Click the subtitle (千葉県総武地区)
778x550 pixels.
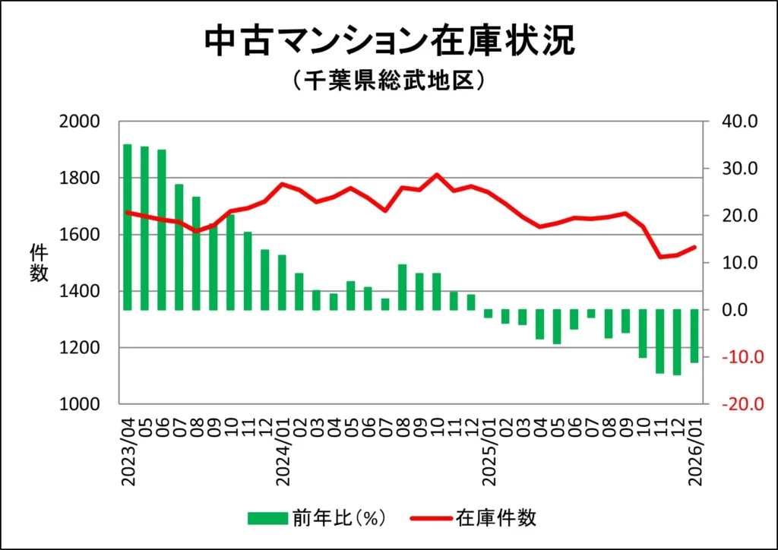388,80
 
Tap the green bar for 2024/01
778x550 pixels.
282,282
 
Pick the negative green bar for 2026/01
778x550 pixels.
694,336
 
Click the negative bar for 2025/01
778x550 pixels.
488,314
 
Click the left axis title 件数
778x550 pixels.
39,262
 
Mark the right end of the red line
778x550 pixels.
694,247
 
